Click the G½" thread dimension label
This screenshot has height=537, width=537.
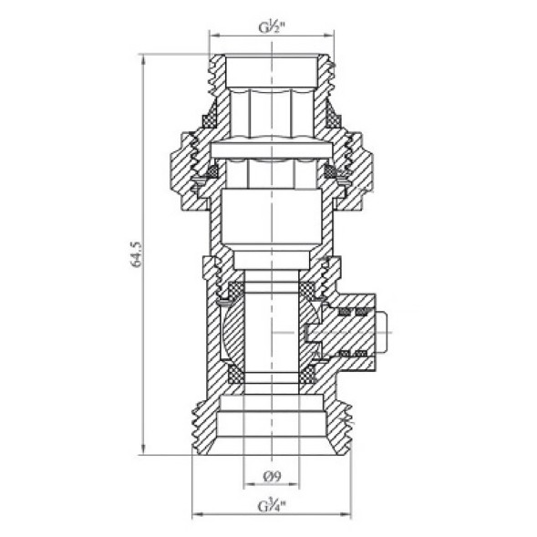click(x=271, y=23)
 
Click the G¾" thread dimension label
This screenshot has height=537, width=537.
click(x=271, y=503)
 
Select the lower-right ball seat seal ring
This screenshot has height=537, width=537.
click(x=310, y=374)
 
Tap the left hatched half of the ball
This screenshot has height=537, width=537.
click(x=233, y=333)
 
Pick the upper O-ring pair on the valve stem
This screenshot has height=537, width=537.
click(x=352, y=313)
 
